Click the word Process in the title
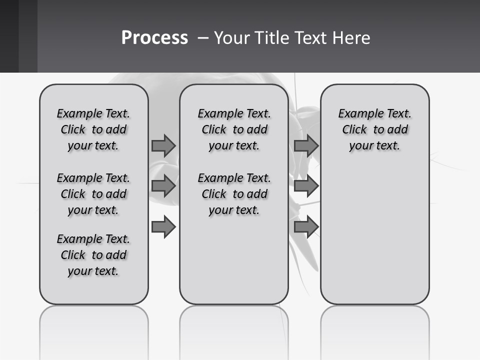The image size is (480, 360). pos(154,38)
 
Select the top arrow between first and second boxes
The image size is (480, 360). pos(163,145)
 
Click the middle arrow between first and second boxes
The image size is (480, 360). pos(163,186)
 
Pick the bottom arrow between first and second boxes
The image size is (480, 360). pos(163,227)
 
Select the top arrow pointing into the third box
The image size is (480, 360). pos(306,145)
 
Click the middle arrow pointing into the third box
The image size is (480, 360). pos(306,186)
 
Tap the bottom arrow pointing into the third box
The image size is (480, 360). pos(306,227)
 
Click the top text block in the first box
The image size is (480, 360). pos(93,129)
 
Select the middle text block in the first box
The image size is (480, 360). pos(93,194)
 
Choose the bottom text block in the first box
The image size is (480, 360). pos(93,255)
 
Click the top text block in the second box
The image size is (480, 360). pos(234,129)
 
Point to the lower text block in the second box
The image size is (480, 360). pos(234,194)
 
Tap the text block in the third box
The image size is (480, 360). pos(375,129)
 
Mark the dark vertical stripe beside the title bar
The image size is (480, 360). pos(28,36)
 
